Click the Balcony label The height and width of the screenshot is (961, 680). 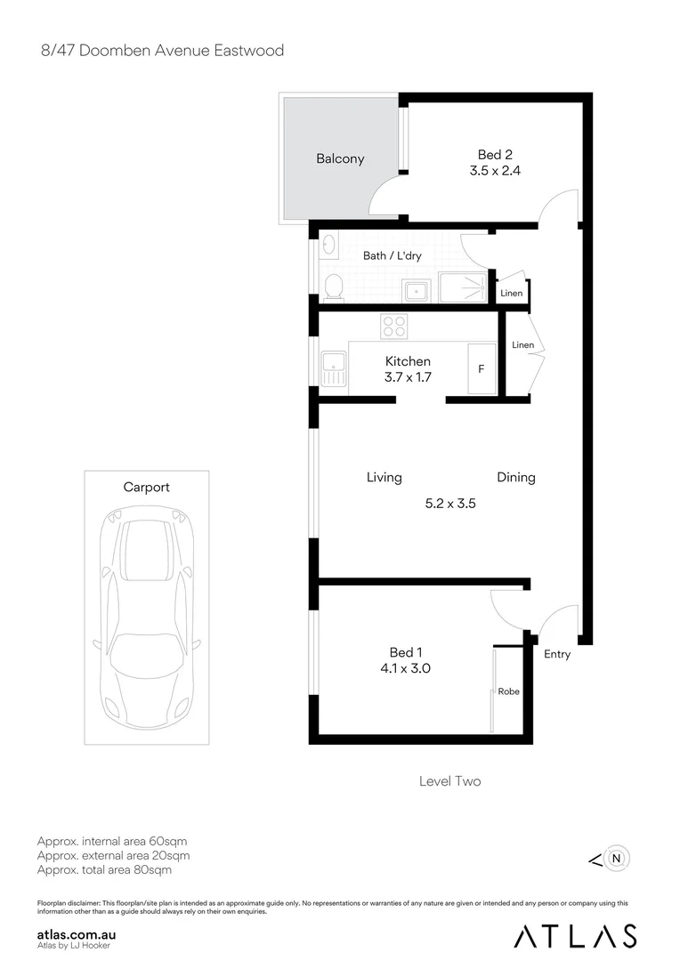340,159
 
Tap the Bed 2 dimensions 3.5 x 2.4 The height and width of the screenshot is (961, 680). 495,170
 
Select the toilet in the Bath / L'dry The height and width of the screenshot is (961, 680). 333,286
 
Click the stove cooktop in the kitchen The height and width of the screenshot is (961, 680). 393,327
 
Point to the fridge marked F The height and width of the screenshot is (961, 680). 482,367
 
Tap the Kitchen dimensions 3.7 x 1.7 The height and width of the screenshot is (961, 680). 408,377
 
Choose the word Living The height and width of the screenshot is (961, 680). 384,478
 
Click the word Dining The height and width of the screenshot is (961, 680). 516,478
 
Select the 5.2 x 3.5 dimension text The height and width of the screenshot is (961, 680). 451,503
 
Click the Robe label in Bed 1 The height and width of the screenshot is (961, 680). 509,691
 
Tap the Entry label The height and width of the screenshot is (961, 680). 557,655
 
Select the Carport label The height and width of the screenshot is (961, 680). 146,488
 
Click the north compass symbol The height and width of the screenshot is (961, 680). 615,859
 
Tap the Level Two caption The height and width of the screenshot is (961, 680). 449,781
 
